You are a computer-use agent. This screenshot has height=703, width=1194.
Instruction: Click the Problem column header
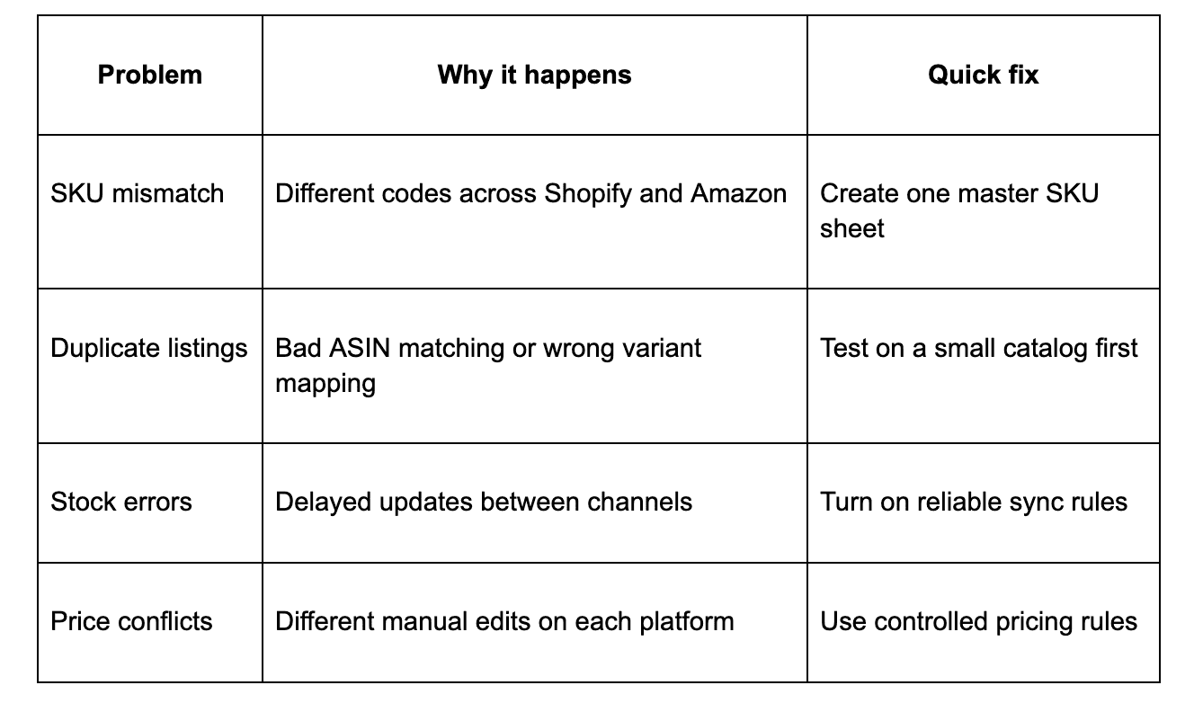pyautogui.click(x=150, y=75)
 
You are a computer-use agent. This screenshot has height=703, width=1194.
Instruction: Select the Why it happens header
pyautogui.click(x=534, y=75)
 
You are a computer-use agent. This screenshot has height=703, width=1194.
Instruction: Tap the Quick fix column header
pyautogui.click(x=983, y=75)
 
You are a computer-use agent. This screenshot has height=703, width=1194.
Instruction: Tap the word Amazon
pyautogui.click(x=738, y=193)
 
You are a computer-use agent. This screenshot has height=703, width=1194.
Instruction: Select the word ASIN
pyautogui.click(x=360, y=348)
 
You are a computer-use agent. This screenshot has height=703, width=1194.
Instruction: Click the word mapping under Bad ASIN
pyautogui.click(x=325, y=384)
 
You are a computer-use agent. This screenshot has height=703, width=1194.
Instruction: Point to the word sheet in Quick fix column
pyautogui.click(x=851, y=228)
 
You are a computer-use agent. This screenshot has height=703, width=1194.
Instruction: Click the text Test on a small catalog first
pyautogui.click(x=978, y=349)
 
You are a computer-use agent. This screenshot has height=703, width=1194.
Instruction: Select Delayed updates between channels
pyautogui.click(x=484, y=502)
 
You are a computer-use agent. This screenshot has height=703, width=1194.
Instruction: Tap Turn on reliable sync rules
pyautogui.click(x=974, y=502)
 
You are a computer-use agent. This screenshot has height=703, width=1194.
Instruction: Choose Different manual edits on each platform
pyautogui.click(x=504, y=622)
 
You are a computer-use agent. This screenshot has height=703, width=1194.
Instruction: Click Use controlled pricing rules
pyautogui.click(x=978, y=622)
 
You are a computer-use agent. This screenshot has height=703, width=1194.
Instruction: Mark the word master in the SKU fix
pyautogui.click(x=997, y=193)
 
